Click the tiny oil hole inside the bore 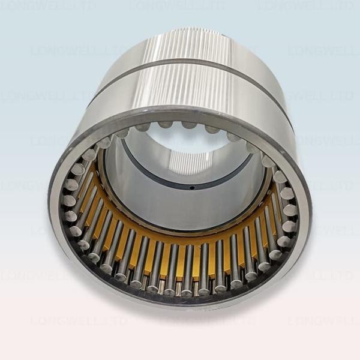(191, 187)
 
